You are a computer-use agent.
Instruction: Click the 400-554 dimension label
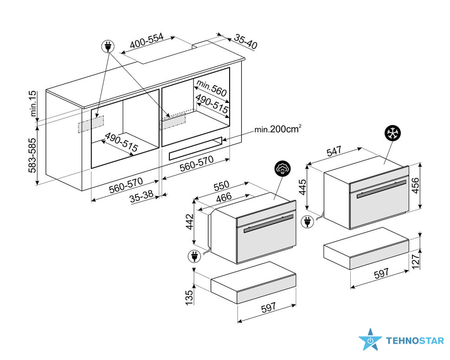[x=147, y=41]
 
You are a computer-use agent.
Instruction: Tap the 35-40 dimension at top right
[x=246, y=41]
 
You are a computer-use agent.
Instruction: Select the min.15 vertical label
[x=33, y=103]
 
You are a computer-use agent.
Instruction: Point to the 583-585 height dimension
[x=32, y=155]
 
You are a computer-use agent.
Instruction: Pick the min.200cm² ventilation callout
[x=278, y=129]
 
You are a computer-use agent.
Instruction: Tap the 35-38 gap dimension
[x=141, y=197]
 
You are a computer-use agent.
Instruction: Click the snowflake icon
[x=392, y=133]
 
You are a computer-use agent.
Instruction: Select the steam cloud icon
[x=283, y=168]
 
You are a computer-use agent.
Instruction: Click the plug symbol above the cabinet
[x=108, y=46]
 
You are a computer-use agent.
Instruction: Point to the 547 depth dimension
[x=334, y=151]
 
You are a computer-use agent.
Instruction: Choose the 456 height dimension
[x=415, y=186]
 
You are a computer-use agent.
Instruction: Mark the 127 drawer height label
[x=416, y=261]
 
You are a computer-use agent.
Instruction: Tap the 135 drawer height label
[x=189, y=298]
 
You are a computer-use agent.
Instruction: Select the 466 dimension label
[x=224, y=198]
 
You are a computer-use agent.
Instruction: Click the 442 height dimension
[x=190, y=222]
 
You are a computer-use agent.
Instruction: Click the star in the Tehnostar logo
[x=370, y=340]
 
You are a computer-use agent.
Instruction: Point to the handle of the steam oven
[x=268, y=223]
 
